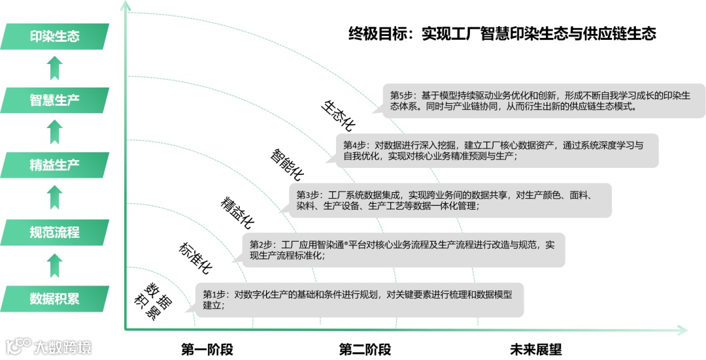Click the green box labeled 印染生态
tap(55, 36)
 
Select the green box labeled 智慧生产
tap(55, 100)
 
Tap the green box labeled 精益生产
tap(55, 165)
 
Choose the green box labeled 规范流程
tap(55, 232)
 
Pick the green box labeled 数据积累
tap(55, 299)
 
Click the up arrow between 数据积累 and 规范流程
tap(55, 265)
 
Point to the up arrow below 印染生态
tap(55, 68)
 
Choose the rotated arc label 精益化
tap(237, 211)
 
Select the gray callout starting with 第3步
tap(450, 200)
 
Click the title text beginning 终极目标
tap(501, 33)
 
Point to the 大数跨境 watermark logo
tap(49, 346)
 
